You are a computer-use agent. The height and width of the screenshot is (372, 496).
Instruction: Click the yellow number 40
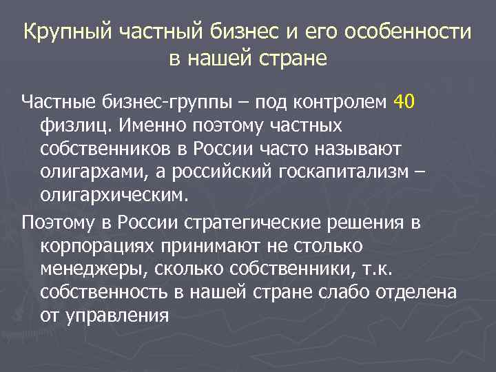[404, 103]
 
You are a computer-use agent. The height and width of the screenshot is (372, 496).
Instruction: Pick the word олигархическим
[114, 195]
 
